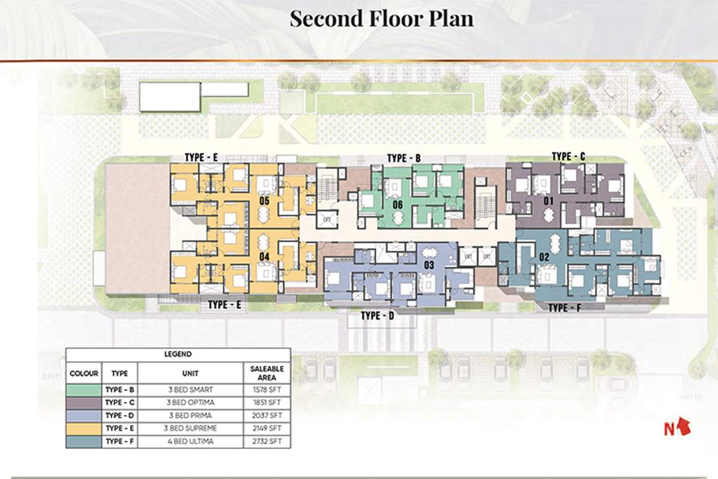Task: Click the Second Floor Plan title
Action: tap(381, 18)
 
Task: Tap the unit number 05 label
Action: tap(264, 201)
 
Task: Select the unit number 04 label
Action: tap(264, 256)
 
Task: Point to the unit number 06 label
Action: tap(398, 205)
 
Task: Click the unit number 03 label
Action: tap(429, 266)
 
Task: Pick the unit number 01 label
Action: tap(548, 201)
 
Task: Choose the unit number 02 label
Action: tap(543, 256)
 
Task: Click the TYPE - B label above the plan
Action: tap(404, 158)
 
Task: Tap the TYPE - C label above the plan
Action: tap(568, 156)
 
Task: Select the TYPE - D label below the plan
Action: tap(378, 316)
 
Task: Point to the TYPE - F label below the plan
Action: tap(566, 307)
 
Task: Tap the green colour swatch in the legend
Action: tap(84, 390)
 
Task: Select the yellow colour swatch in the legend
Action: tap(84, 428)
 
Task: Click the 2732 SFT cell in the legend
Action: tap(267, 442)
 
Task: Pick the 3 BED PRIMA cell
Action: tap(190, 415)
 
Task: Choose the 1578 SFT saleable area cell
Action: tap(267, 390)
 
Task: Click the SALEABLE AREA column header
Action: tap(267, 373)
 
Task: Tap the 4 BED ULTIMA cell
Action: tap(190, 442)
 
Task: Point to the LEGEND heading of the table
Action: tap(178, 354)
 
